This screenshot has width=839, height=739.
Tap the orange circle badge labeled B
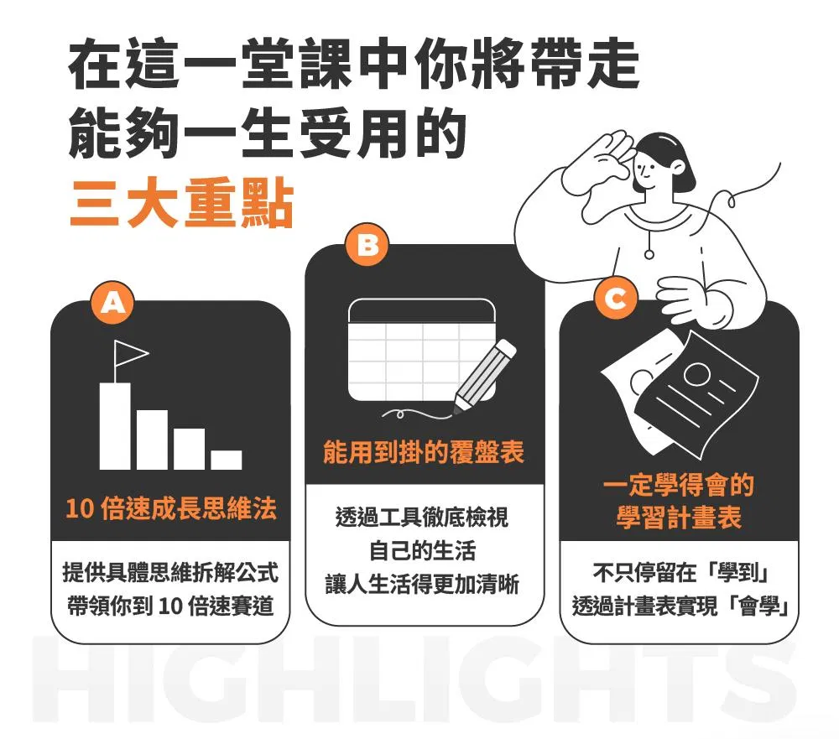[367, 245]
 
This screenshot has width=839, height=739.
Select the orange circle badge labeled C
[615, 298]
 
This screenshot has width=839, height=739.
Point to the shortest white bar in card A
[226, 461]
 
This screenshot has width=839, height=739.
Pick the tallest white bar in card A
[115, 426]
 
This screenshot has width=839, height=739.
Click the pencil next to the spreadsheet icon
[485, 376]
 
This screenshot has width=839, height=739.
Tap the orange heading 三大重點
[182, 204]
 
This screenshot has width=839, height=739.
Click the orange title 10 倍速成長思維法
[171, 507]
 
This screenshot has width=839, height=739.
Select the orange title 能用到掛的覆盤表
[424, 452]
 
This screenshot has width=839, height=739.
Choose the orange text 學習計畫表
[679, 518]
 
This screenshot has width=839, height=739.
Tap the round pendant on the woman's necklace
[649, 255]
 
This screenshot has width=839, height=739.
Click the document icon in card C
[680, 394]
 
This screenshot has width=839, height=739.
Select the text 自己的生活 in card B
[422, 550]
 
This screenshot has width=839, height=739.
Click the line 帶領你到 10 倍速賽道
[170, 606]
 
